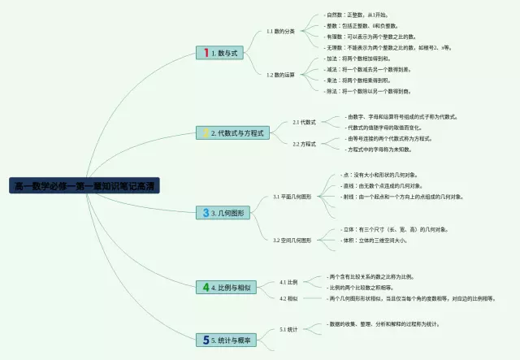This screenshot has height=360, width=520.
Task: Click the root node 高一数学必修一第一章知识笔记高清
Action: click(85, 186)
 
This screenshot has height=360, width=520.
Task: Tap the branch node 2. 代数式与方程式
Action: click(238, 132)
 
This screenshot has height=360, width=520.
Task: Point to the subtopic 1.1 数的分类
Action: click(280, 32)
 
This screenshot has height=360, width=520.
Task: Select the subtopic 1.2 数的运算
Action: click(280, 75)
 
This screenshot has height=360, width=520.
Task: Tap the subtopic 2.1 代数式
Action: click(304, 122)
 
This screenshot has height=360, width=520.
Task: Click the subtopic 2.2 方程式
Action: click(304, 144)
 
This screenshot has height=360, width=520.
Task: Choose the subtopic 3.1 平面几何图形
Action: click(292, 197)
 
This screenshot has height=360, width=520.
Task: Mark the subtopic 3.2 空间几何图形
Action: click(292, 241)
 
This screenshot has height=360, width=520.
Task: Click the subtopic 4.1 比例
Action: click(288, 282)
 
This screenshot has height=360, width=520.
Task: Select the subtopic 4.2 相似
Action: click(288, 298)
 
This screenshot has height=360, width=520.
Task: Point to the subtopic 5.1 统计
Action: click(288, 329)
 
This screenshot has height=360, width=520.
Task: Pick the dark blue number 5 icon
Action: click(206, 340)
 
